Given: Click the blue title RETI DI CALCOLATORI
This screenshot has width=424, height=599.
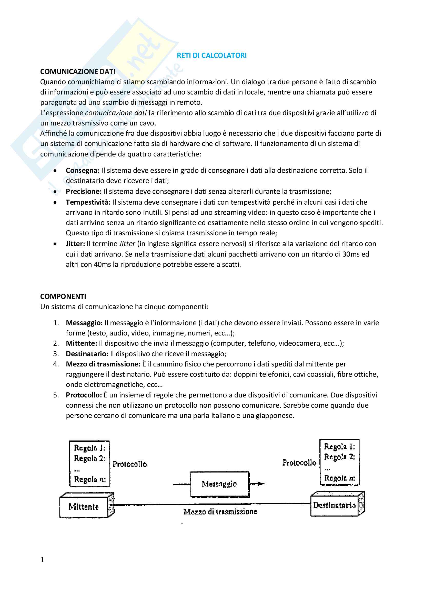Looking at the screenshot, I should pyautogui.click(x=211, y=56).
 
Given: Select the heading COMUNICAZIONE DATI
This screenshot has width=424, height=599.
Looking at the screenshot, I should pyautogui.click(x=77, y=71).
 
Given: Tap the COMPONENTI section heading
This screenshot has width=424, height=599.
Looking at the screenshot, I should pyautogui.click(x=63, y=296).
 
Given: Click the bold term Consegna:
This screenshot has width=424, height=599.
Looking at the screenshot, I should pyautogui.click(x=83, y=171).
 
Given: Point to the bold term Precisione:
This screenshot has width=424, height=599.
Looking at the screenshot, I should pyautogui.click(x=84, y=192).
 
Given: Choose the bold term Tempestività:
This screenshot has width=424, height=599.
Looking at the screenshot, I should pyautogui.click(x=88, y=202).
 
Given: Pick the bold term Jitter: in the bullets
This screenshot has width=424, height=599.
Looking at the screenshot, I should pyautogui.click(x=75, y=244).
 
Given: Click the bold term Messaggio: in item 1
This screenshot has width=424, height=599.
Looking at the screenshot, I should pyautogui.click(x=84, y=323).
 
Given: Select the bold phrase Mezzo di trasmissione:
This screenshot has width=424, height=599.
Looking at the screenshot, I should pyautogui.click(x=103, y=364).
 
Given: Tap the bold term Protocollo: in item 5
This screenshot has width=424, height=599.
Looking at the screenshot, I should pyautogui.click(x=84, y=395).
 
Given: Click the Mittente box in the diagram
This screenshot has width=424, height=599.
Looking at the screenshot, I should pyautogui.click(x=84, y=507).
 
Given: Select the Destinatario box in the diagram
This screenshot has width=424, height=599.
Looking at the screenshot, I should pyautogui.click(x=334, y=505).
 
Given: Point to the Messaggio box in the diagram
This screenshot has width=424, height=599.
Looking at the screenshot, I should pyautogui.click(x=219, y=484).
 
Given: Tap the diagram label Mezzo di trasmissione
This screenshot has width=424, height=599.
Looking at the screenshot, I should pyautogui.click(x=220, y=512).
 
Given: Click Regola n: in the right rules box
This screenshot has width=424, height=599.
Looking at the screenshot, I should pyautogui.click(x=339, y=478).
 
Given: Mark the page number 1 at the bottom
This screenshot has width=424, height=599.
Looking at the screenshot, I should pyautogui.click(x=42, y=560).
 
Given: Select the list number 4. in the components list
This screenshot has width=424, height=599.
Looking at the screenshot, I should pyautogui.click(x=56, y=364).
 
